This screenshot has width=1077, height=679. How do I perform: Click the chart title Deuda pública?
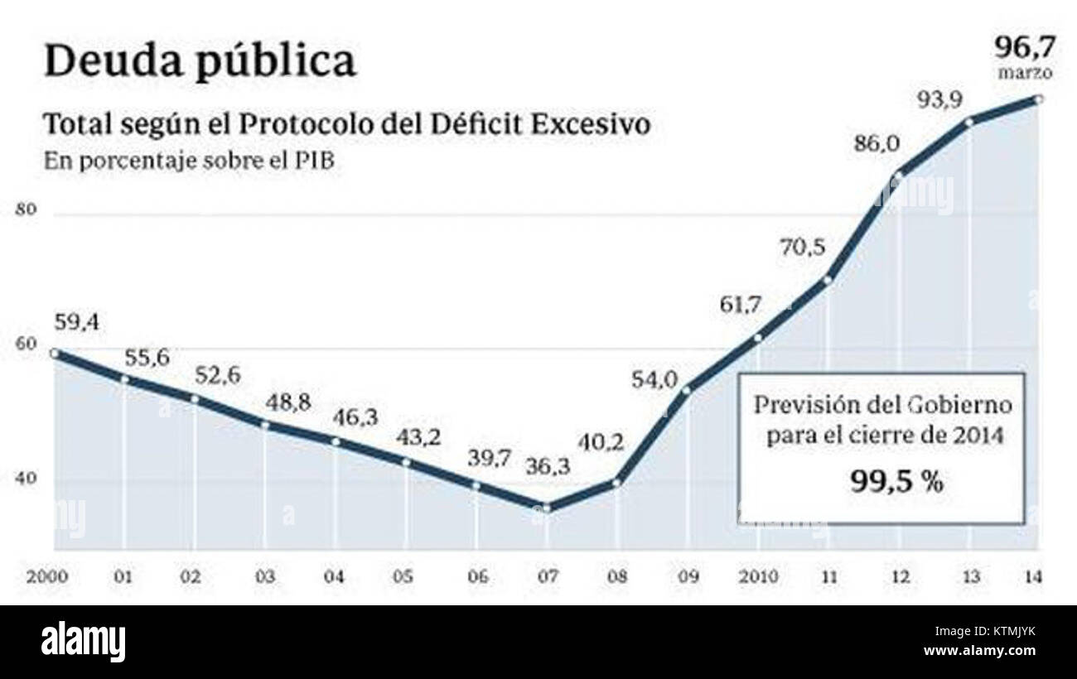(200, 61)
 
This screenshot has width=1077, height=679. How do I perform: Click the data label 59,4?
(76, 322)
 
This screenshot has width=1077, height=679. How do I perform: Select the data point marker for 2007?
(546, 508)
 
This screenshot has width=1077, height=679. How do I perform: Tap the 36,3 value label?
(548, 467)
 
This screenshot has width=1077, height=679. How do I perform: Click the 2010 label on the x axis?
(758, 576)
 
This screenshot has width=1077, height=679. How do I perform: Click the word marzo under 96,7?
(1025, 73)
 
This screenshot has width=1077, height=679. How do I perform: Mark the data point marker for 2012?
(899, 175)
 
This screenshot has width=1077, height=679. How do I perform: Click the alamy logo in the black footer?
(83, 642)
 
